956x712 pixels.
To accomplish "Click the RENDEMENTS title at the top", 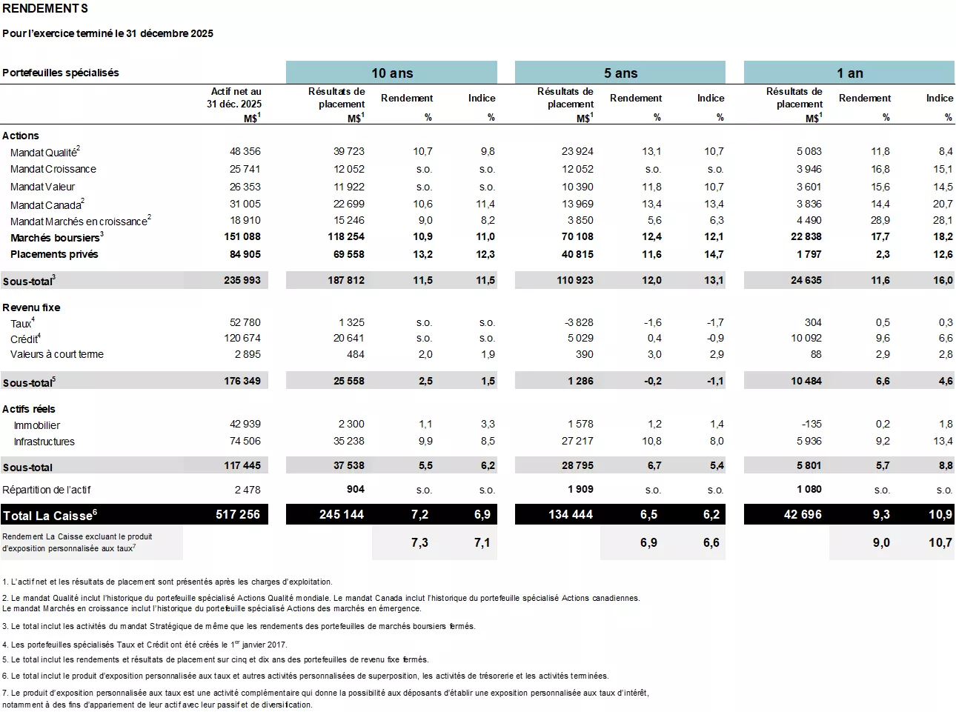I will pos(45,9).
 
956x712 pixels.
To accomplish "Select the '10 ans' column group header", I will pos(391,73).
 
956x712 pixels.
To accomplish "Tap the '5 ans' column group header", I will pos(620,73).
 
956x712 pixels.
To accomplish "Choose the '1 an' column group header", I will pos(849,73).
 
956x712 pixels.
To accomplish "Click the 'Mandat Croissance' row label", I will pos(53,169).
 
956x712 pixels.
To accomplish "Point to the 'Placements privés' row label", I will pos(54,254).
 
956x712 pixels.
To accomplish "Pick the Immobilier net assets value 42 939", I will pos(245,424).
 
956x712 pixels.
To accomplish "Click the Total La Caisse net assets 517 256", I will pos(238,514).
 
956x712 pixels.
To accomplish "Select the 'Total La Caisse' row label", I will pos(50,516).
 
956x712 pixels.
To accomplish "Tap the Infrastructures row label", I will pos(44,442).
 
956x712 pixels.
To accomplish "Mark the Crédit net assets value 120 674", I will pos(242,338).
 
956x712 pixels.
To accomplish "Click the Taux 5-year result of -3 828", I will pos(579,322).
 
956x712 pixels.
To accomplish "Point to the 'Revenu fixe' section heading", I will pos(31,307).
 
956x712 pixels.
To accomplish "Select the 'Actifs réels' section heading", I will pos(29,409).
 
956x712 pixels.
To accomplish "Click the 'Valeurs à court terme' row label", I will pos(57,354).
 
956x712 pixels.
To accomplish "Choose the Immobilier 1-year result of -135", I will pos(811,424).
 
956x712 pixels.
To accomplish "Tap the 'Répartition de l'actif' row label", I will pos(47,490).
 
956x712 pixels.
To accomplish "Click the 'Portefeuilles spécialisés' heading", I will pos(61,73).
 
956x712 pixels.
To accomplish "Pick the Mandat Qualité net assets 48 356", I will pos(245,151).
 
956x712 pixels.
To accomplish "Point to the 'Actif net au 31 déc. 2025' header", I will pos(234,98).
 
